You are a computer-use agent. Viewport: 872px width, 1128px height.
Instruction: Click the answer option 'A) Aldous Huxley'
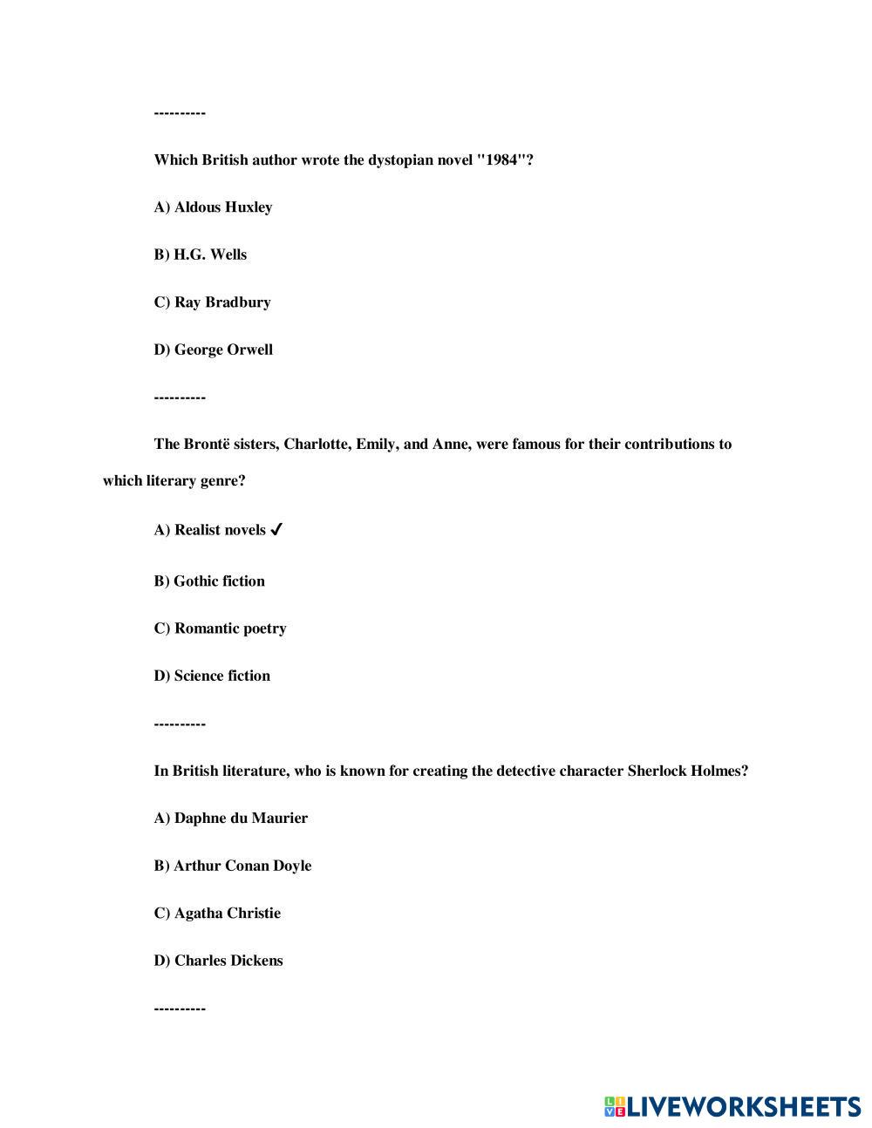point(213,207)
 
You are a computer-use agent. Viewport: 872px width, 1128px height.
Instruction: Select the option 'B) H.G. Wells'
point(201,255)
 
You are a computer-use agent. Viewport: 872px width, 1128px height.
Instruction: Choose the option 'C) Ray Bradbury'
point(212,302)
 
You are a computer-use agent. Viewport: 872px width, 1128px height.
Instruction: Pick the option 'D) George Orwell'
point(213,350)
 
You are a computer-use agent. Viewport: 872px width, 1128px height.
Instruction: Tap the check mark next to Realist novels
point(276,529)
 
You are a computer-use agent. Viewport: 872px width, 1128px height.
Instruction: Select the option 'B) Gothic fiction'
point(209,581)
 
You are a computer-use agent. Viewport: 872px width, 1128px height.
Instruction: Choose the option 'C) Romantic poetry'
point(220,629)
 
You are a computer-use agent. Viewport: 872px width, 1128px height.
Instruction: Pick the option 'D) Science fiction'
point(212,676)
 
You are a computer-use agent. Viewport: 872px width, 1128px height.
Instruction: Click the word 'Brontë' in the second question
point(207,444)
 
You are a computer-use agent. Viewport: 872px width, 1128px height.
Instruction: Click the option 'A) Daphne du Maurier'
point(230,818)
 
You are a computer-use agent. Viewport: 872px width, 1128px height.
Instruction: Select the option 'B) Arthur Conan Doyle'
point(232,866)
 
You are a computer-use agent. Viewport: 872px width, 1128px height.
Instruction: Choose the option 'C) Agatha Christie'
point(217,913)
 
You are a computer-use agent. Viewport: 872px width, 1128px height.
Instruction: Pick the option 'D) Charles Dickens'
point(218,961)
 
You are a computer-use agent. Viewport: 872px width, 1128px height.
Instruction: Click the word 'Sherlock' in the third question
point(655,771)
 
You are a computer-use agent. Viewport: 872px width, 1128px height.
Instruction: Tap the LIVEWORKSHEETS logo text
point(744,1107)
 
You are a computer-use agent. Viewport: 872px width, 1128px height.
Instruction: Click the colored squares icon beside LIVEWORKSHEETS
point(615,1107)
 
